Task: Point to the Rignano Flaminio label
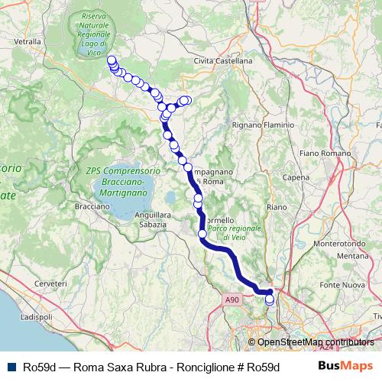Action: pos(249,124)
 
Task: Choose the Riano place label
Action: pos(277,206)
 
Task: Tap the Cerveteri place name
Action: pos(51,283)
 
